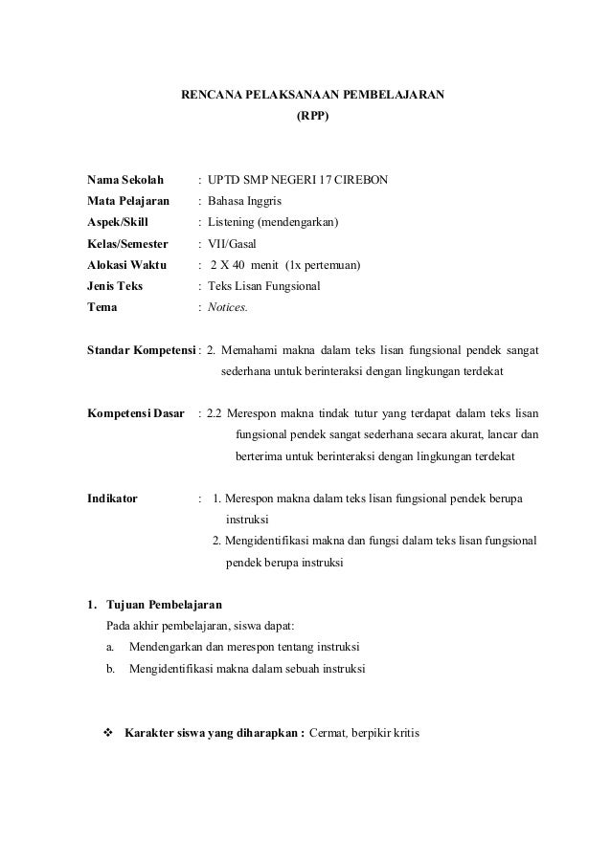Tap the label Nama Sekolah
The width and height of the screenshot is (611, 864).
pos(124,180)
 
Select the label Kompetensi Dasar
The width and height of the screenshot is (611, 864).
pos(136,414)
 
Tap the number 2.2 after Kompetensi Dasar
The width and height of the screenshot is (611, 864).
pos(215,414)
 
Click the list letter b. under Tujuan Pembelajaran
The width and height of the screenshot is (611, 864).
pos(111,668)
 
